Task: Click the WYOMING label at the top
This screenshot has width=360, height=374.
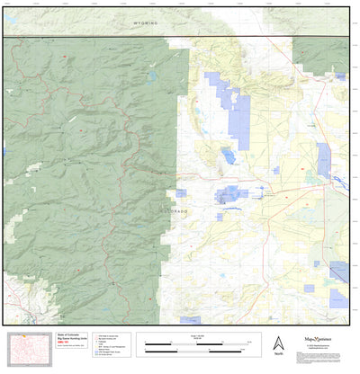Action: [x=143, y=21]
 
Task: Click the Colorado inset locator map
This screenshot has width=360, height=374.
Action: [x=28, y=347]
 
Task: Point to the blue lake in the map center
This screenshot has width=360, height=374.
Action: [x=228, y=156]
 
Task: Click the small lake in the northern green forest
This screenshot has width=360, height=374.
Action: [x=153, y=76]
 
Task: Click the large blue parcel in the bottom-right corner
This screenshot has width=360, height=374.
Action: [x=338, y=272]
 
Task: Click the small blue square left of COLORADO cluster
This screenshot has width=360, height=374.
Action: [x=181, y=191]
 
